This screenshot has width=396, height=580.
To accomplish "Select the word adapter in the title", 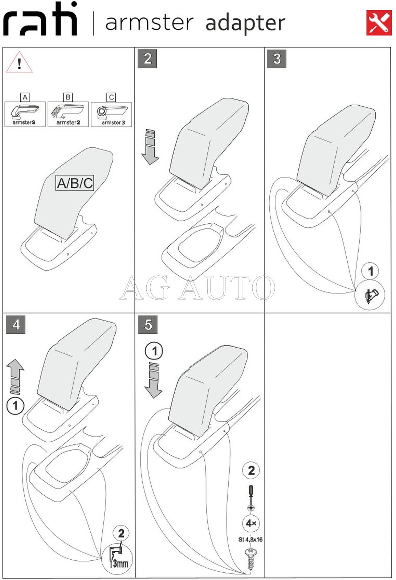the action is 245,24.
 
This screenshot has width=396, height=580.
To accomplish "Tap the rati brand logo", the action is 40,19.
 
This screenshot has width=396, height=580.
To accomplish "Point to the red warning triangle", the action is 19,62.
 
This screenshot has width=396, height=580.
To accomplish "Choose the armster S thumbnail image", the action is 25,114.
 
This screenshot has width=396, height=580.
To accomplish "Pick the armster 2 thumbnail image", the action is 68,114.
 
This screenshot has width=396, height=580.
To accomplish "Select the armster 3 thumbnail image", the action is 111,114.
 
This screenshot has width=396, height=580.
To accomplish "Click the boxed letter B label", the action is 68,97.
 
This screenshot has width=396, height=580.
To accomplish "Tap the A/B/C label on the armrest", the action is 75,183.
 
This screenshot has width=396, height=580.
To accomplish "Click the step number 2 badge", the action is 147,59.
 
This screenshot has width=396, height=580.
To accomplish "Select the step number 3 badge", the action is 277,59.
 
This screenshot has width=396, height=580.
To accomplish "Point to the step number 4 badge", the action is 16,324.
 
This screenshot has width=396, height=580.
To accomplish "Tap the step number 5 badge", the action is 148,324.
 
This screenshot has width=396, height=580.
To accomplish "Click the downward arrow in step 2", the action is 150,147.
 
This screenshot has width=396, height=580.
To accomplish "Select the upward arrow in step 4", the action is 15,377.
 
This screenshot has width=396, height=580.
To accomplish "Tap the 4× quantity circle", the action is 251,523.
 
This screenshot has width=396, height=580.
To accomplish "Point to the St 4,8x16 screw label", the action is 250,540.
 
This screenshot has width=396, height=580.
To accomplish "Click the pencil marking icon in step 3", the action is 370,295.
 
